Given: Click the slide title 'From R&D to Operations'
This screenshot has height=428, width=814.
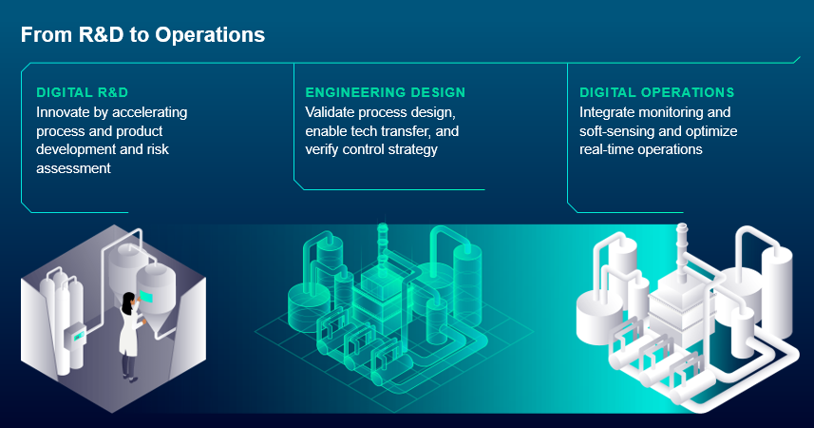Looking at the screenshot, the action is (142, 35).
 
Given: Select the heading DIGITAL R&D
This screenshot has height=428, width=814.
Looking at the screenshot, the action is (82, 92).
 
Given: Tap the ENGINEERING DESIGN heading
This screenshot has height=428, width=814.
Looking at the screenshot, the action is (386, 92).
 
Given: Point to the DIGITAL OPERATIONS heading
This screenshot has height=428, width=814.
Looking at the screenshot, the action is (656, 92).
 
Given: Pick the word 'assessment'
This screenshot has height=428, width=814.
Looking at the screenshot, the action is (73, 168).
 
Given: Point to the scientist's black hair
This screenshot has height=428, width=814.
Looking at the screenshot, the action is (127, 302).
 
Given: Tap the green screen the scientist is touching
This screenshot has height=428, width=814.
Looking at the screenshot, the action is (146, 297).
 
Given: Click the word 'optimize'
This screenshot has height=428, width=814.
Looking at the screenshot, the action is (711, 131).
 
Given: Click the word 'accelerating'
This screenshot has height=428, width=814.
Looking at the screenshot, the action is (149, 112).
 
